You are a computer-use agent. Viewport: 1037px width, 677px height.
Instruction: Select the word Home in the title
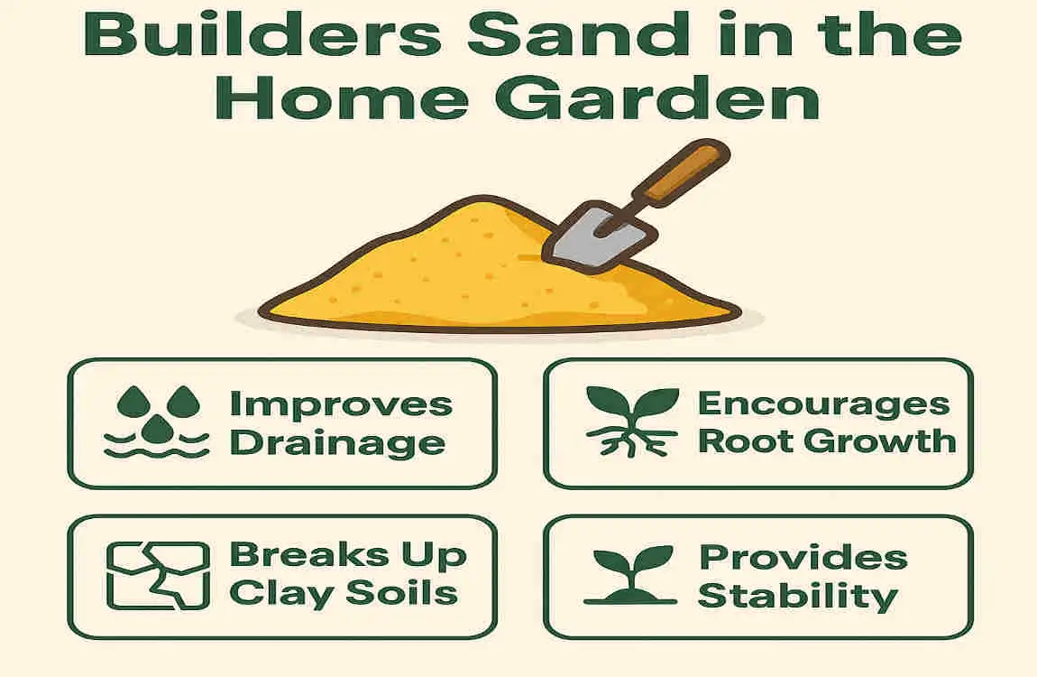342,99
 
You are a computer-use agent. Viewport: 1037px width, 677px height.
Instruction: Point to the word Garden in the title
657,99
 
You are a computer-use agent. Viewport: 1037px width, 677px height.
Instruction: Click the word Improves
341,405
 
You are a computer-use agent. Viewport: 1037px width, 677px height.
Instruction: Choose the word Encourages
823,403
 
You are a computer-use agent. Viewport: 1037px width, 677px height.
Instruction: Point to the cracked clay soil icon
158,575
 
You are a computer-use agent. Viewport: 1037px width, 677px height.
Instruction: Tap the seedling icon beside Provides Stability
631,575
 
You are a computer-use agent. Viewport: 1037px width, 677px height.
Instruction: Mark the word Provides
803,558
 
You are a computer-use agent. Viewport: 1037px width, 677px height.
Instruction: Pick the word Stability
797,597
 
